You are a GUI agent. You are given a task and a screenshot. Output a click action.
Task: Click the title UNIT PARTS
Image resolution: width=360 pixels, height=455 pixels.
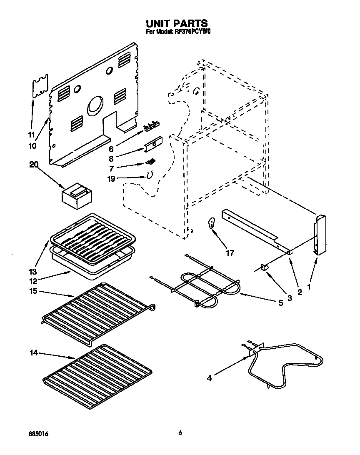[177, 23]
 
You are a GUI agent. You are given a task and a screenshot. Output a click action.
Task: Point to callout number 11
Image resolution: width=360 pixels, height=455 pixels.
[31, 135]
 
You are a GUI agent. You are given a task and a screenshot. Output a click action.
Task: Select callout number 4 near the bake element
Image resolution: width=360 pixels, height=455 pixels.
[209, 378]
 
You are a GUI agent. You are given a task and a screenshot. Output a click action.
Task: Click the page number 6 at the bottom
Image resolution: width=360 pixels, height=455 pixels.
[180, 433]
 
